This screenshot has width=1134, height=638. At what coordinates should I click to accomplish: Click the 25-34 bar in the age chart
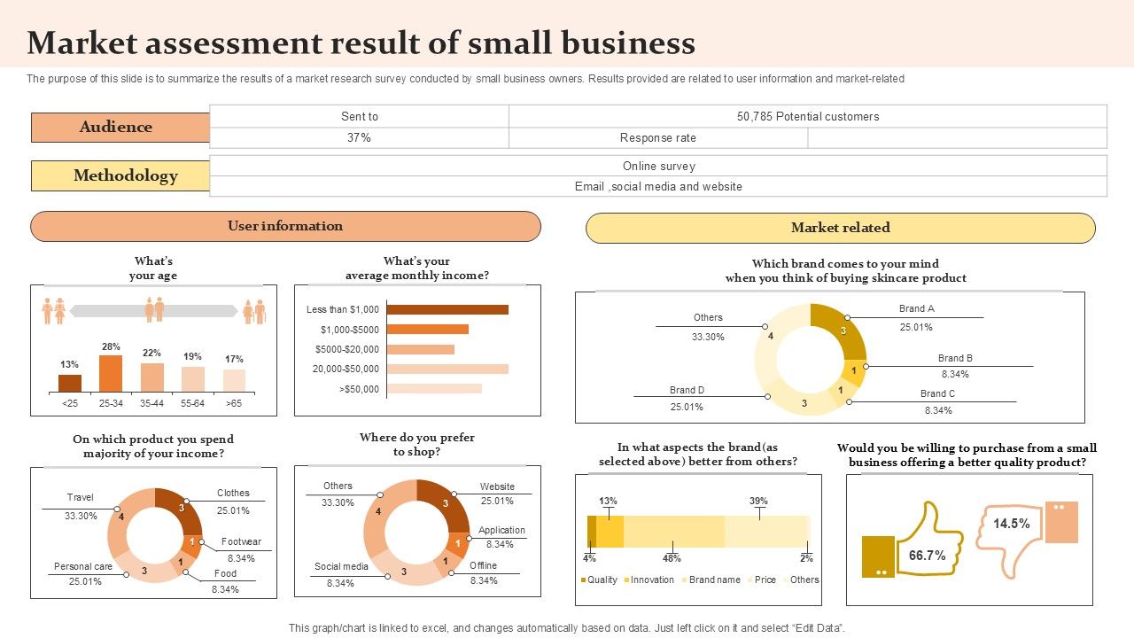pos(111,373)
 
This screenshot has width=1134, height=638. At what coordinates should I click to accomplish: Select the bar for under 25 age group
pos(70,383)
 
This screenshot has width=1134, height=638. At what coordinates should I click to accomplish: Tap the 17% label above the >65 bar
pos(234,359)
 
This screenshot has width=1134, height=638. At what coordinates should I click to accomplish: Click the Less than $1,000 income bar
pos(447,309)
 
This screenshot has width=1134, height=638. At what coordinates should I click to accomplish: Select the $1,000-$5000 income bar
pos(427,329)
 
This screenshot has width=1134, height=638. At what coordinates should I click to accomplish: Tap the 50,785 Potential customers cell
pos(807,116)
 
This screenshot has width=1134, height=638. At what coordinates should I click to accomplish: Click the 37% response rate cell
pos(359,137)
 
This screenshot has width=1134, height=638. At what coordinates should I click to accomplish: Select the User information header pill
pos(285,226)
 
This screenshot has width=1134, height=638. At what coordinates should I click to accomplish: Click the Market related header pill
pos(840,228)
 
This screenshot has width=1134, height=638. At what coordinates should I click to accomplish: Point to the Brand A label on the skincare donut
pos(916,308)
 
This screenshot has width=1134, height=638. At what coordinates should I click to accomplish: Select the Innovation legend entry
pos(651,580)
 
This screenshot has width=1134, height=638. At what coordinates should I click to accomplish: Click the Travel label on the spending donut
pos(80,497)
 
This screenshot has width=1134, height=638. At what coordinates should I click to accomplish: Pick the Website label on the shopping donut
pos(497,486)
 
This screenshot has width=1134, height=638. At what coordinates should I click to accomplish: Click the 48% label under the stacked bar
pos(671,558)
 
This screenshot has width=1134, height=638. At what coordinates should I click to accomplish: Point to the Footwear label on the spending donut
pos(241,541)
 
